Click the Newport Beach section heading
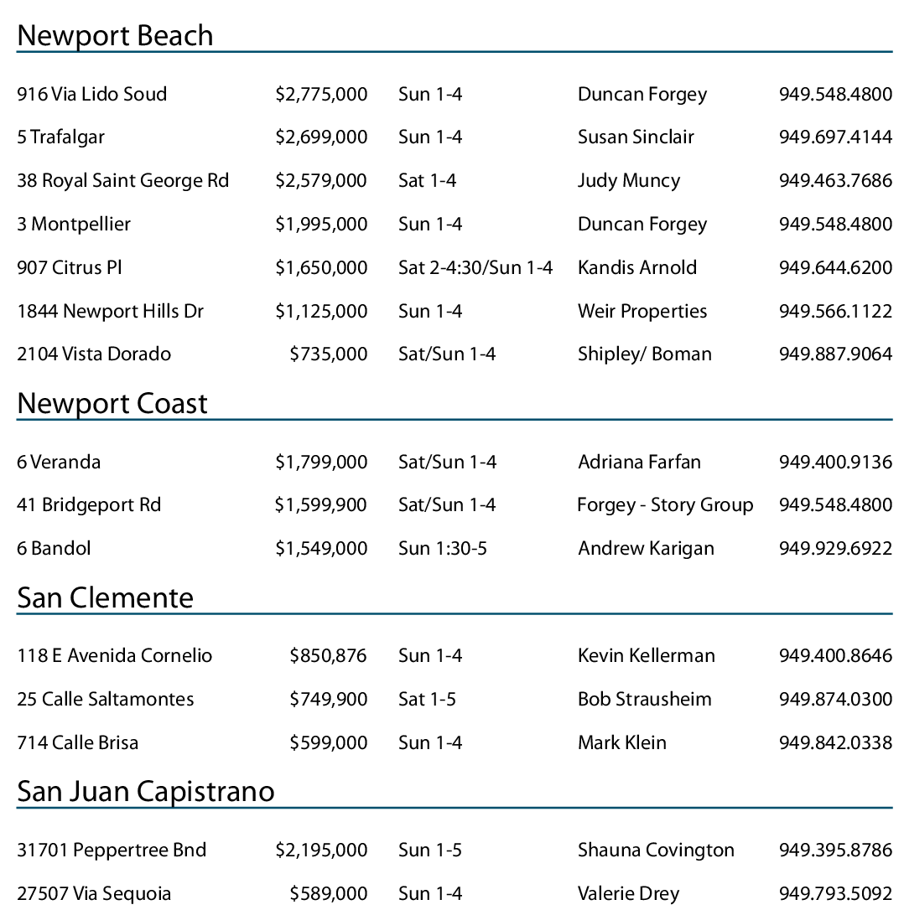[115, 35]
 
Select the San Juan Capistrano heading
[146, 791]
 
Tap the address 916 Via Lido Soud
[92, 94]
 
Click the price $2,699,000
[321, 137]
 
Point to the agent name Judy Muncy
[629, 181]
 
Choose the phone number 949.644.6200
[835, 268]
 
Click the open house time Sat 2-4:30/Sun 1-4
[475, 268]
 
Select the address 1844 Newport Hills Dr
[111, 312]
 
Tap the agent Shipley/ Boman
[645, 354]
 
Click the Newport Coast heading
[112, 404]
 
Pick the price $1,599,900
[321, 505]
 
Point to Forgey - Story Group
[665, 505]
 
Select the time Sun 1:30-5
[443, 549]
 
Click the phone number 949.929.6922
[835, 549]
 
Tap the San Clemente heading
[106, 597]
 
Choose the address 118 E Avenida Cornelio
[115, 656]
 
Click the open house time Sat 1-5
[428, 700]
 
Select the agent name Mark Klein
[622, 743]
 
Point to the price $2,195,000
[321, 851]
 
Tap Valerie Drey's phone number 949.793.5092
[835, 894]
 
